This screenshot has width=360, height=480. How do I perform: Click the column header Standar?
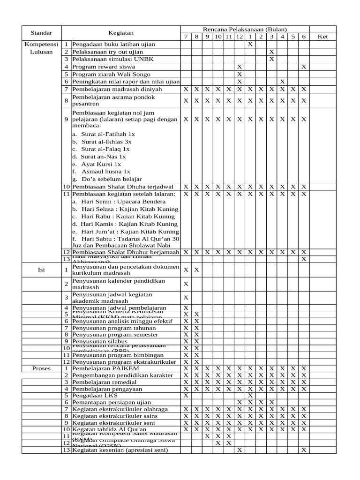pos(41,33)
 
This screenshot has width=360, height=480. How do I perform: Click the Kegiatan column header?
pos(121,33)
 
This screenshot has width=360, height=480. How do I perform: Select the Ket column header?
pos(322,37)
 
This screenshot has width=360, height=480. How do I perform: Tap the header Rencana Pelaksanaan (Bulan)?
pos(245,29)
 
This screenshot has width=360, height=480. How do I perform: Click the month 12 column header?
pos(240,37)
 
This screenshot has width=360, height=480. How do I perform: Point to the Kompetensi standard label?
pos(41,44)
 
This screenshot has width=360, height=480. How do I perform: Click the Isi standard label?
pos(41,270)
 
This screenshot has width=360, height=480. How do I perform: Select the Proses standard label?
pos(41,368)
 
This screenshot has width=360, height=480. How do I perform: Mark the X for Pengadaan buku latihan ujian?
pos(250,44)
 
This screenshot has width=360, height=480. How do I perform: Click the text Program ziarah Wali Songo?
pos(108,74)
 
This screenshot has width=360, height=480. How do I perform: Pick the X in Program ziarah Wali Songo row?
pos(240,74)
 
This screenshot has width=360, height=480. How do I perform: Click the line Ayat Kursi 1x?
pos(100,164)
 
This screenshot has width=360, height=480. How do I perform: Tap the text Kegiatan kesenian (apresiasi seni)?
pos(120,450)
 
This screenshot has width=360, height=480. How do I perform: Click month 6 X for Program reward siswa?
pos(304,67)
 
